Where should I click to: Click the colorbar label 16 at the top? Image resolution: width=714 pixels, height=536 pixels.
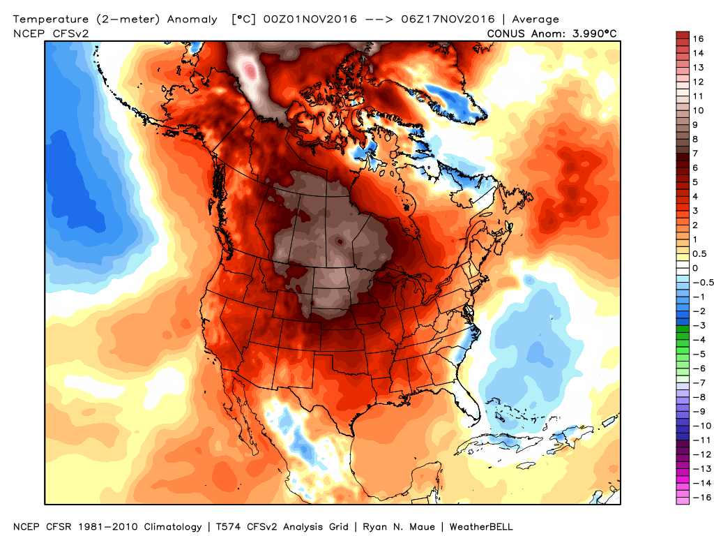(x=698, y=39)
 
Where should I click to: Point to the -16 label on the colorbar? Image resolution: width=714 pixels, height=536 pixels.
(x=699, y=497)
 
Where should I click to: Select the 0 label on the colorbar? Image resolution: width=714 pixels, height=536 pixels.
(x=694, y=268)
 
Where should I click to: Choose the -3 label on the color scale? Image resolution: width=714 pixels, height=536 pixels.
(x=697, y=325)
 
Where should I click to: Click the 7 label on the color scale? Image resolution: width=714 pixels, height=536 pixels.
(x=694, y=154)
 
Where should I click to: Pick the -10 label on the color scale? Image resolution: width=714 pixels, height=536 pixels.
(x=699, y=425)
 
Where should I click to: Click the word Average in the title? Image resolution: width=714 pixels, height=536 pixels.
(x=535, y=20)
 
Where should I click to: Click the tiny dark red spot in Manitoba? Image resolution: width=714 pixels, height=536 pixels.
(x=340, y=241)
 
